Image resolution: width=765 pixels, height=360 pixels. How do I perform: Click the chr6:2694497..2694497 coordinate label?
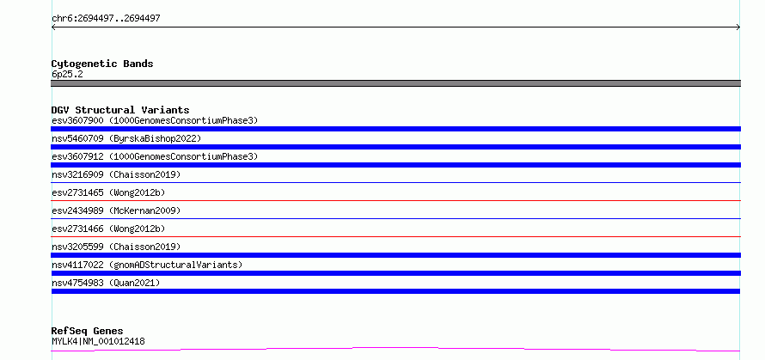pyautogui.click(x=106, y=19)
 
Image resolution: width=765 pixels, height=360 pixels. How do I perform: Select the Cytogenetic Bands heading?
pyautogui.click(x=102, y=64)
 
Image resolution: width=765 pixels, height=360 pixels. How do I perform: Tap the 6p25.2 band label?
pyautogui.click(x=67, y=74)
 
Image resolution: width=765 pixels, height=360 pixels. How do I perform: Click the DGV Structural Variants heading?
pyautogui.click(x=120, y=110)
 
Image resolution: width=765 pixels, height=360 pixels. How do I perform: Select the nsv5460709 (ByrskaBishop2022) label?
pyautogui.click(x=126, y=138)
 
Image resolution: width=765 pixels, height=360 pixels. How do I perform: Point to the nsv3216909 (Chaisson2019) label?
pyautogui.click(x=116, y=174)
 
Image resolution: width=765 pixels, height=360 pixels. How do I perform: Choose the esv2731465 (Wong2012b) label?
pyautogui.click(x=108, y=192)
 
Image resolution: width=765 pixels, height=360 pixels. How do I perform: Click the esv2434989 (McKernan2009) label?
pyautogui.click(x=116, y=211)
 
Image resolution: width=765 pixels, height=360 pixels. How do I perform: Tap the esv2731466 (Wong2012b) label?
pyautogui.click(x=108, y=229)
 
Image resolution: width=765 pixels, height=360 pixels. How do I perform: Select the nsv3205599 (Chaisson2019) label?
pyautogui.click(x=116, y=247)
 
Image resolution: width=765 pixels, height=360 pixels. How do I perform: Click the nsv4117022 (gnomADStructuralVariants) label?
pyautogui.click(x=147, y=265)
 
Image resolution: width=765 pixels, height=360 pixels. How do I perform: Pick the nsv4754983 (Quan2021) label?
pyautogui.click(x=106, y=283)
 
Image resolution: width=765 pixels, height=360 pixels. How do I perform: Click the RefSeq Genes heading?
pyautogui.click(x=87, y=331)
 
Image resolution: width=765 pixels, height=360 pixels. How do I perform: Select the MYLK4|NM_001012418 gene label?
pyautogui.click(x=98, y=341)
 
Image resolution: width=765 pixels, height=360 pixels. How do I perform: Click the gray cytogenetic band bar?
pyautogui.click(x=395, y=83)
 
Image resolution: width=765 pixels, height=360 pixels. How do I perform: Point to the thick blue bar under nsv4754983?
pyautogui.click(x=395, y=291)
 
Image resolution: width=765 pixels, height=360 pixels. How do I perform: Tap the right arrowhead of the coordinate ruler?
pyautogui.click(x=738, y=27)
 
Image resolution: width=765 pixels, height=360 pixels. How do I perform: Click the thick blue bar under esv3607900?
pyautogui.click(x=395, y=129)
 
